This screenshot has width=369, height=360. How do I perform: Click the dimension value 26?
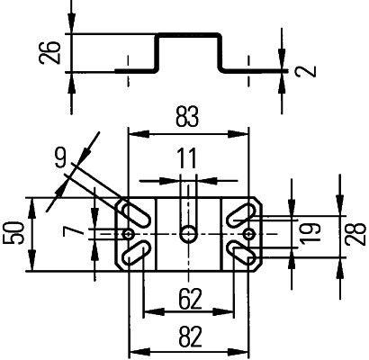coord(49,54)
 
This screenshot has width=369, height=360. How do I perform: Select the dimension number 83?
coord(188,116)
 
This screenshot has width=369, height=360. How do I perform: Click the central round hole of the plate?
coord(187,233)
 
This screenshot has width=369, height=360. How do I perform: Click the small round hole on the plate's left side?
coord(131,234)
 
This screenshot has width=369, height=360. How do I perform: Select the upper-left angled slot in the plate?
coord(134,216)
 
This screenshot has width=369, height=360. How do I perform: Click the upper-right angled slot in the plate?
coord(241,216)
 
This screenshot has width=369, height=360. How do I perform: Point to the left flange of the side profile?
coord(135,69)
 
